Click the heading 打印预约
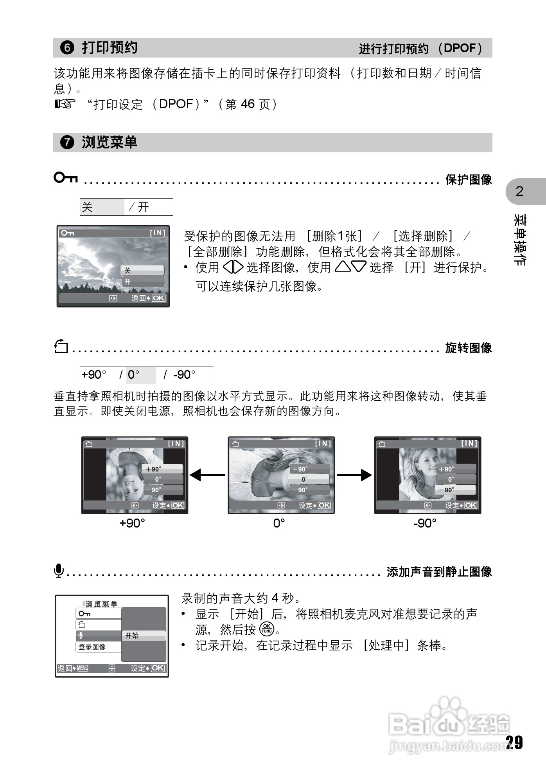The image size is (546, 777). pyautogui.click(x=110, y=47)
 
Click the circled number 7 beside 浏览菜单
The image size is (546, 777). pyautogui.click(x=67, y=142)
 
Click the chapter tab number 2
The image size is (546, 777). pyautogui.click(x=519, y=191)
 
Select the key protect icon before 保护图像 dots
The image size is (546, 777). pyautogui.click(x=66, y=178)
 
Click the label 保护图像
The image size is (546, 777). pyautogui.click(x=469, y=180)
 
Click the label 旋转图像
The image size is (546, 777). pyautogui.click(x=469, y=348)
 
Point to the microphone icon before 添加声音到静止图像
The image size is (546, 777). pyautogui.click(x=59, y=571)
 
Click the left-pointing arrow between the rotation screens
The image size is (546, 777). pyautogui.click(x=207, y=475)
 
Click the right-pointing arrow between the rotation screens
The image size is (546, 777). pyautogui.click(x=354, y=475)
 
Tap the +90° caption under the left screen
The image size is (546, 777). pyautogui.click(x=132, y=523)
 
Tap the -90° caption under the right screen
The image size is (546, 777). pyautogui.click(x=425, y=523)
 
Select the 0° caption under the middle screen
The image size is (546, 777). pyautogui.click(x=279, y=523)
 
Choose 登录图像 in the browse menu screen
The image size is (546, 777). pyautogui.click(x=92, y=647)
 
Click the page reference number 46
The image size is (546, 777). pyautogui.click(x=248, y=104)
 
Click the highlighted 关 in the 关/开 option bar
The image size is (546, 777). pyautogui.click(x=88, y=207)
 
